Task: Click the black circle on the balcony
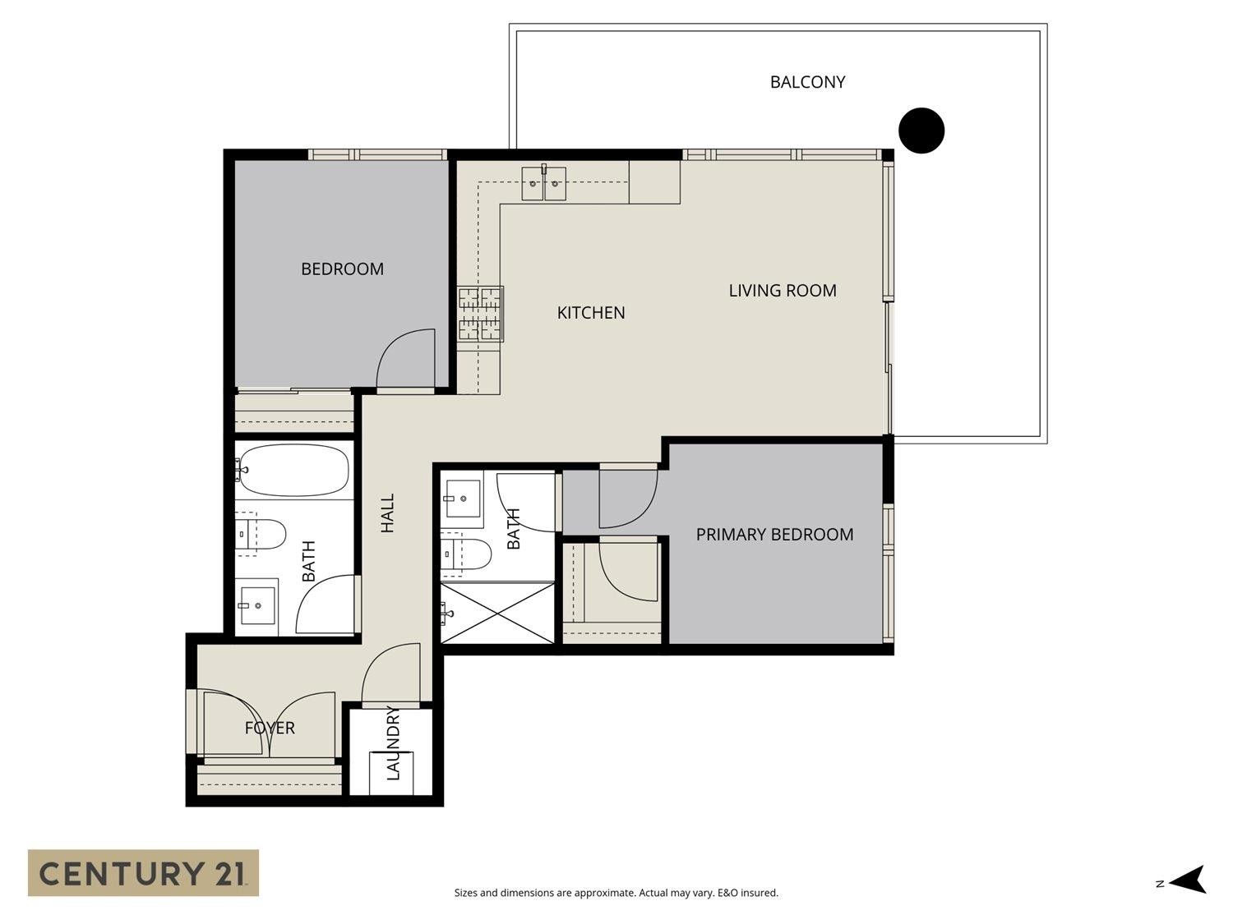[x=921, y=130]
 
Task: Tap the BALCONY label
[x=807, y=82]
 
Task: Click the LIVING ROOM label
[x=783, y=291]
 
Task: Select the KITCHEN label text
[x=591, y=312]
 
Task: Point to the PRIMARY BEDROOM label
[x=774, y=535]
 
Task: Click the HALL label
[x=388, y=513]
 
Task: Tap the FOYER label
[x=270, y=728]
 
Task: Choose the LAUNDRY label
[x=393, y=742]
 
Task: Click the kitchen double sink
[x=544, y=182]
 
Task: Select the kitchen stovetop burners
[x=480, y=314]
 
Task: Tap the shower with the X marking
[x=497, y=613]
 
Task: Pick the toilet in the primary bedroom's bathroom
[x=466, y=554]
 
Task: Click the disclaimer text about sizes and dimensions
[x=616, y=893]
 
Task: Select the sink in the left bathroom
[x=258, y=605]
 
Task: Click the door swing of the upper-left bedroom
[x=405, y=357]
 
